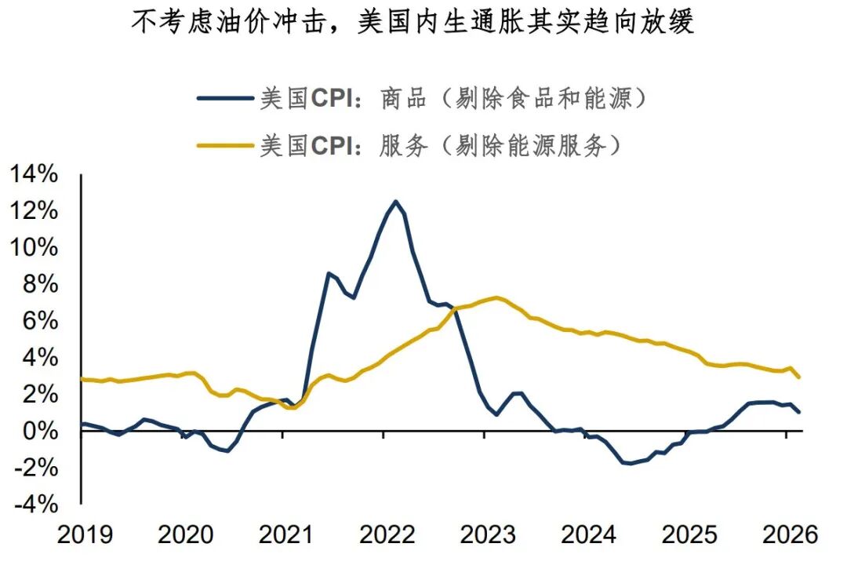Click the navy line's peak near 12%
coord(394,202)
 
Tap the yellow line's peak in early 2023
coord(496,297)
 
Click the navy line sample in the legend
coord(224,99)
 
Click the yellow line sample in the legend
coord(224,145)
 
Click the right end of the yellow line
coord(799,377)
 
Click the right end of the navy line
coord(799,412)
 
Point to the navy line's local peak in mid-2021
coord(329,273)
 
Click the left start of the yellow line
coord(82,379)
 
